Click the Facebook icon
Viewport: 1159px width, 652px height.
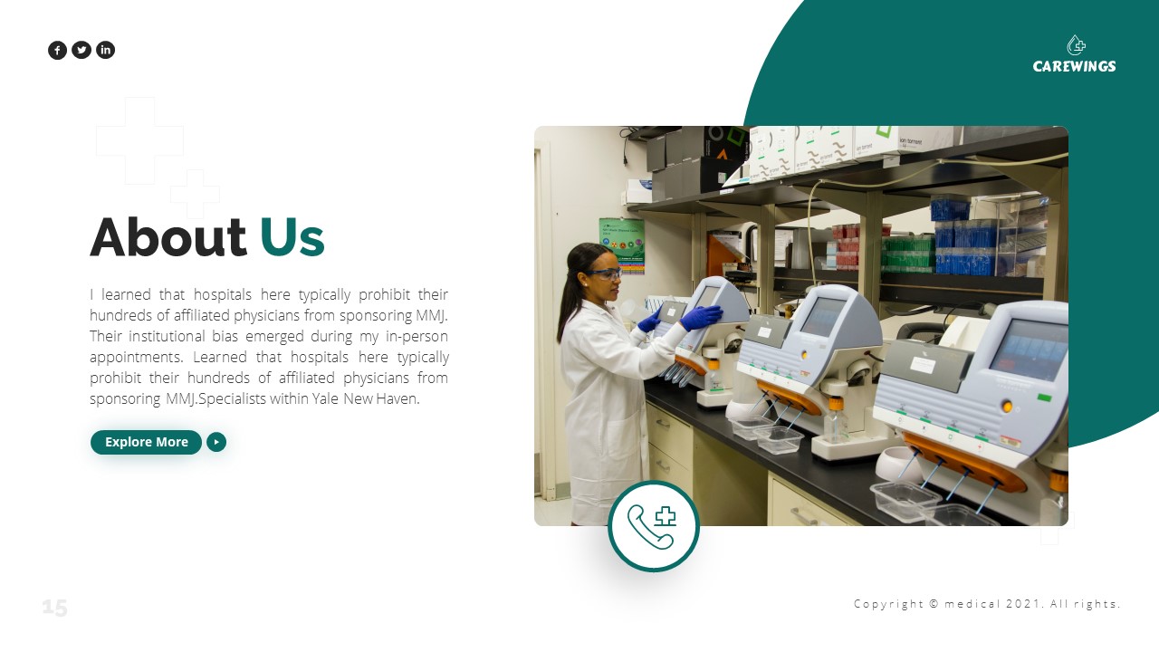click(x=57, y=50)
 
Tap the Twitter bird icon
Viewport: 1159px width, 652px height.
click(x=81, y=50)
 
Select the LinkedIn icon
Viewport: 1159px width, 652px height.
click(x=106, y=50)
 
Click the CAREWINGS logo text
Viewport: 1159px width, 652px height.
click(x=1074, y=66)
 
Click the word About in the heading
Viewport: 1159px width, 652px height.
click(x=168, y=237)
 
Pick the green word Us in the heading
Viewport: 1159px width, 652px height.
click(x=292, y=237)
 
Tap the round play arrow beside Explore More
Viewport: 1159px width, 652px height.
click(x=216, y=442)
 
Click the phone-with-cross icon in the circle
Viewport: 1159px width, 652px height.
click(x=653, y=526)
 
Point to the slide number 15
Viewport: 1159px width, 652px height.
click(x=55, y=608)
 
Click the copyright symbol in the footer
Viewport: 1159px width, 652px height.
click(x=934, y=604)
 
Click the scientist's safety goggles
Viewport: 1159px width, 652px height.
click(x=604, y=273)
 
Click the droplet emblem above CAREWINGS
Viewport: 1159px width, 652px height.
click(x=1076, y=45)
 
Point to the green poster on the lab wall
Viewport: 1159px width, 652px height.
click(x=622, y=244)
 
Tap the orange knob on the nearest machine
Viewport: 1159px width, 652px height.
click(x=1007, y=407)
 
